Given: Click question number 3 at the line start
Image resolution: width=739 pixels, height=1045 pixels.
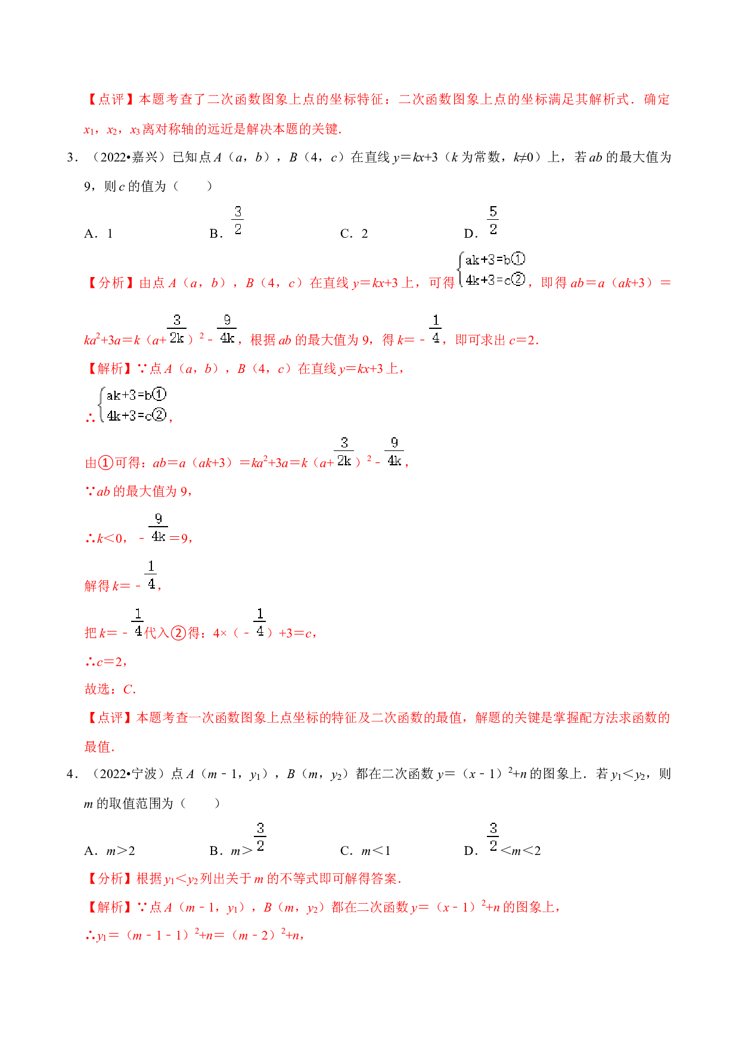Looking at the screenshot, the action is tap(72, 158).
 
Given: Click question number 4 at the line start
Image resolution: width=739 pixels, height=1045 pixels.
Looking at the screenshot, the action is tap(72, 775).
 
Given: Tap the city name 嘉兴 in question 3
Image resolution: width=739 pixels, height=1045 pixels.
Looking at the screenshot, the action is tap(146, 157).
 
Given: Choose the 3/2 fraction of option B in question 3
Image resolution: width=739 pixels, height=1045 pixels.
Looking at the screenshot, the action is tap(238, 221).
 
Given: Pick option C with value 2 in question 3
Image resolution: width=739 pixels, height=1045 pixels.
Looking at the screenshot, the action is tap(354, 234).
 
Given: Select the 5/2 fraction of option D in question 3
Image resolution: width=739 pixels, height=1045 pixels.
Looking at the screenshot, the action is tap(493, 221).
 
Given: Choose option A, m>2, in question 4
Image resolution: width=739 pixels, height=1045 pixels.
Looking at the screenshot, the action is tap(110, 851).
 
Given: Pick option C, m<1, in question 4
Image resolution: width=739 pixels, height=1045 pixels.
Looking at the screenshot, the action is tap(365, 851).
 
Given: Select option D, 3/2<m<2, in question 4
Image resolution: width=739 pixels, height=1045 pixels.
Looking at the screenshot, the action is tap(502, 840).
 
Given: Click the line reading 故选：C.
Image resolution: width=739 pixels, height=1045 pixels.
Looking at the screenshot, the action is tap(110, 689).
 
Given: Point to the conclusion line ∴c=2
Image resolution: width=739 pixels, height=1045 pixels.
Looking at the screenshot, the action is tap(105, 661).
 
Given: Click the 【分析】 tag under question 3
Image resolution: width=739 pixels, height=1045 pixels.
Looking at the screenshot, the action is tap(111, 283).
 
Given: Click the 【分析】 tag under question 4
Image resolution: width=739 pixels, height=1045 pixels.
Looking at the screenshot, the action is tap(110, 879).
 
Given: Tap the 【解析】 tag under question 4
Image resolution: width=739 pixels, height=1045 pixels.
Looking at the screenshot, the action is tap(110, 907).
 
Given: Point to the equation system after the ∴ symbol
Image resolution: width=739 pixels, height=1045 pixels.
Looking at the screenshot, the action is tap(133, 405).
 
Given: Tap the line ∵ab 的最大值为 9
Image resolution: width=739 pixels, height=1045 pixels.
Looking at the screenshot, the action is tap(138, 492).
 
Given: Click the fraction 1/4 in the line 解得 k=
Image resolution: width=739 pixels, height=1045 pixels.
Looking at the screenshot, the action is tap(151, 576).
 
